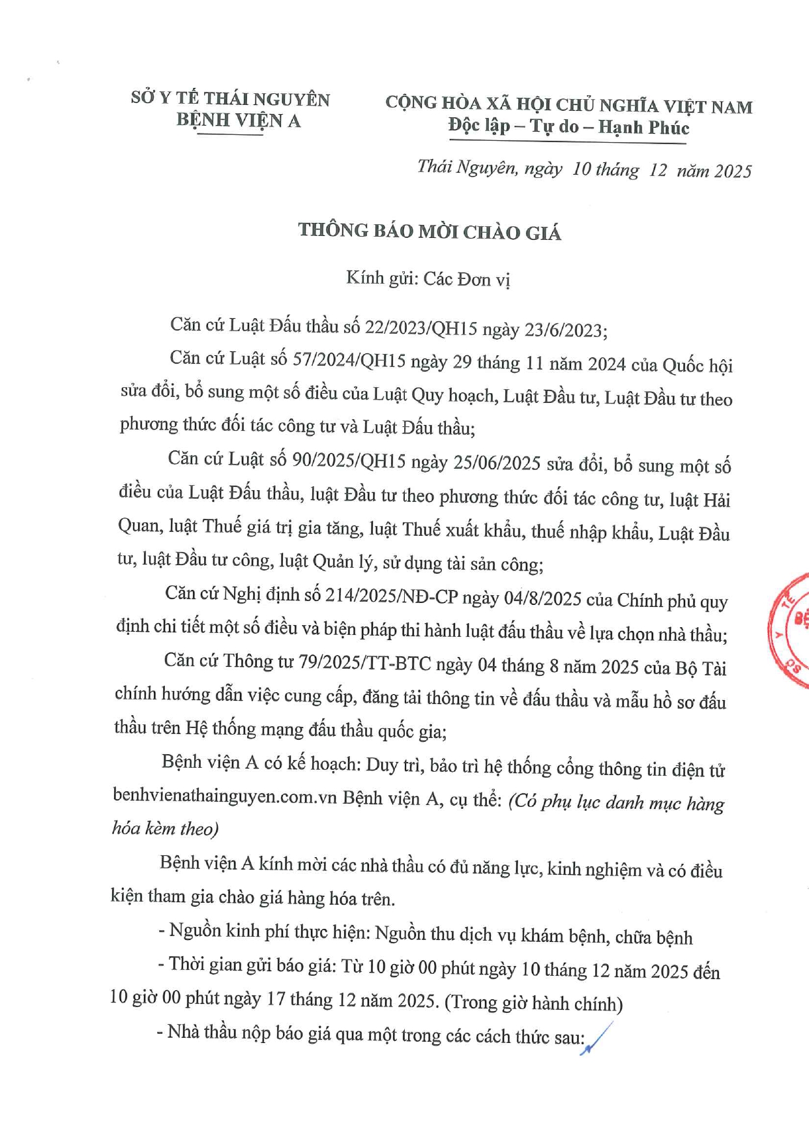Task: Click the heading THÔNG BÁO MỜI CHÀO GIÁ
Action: point(430,231)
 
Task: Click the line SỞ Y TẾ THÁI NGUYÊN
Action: point(230,98)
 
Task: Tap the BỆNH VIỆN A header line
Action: point(238,120)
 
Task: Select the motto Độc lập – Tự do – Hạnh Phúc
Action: point(568,126)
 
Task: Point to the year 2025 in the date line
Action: point(733,171)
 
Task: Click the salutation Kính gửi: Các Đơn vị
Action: point(428,279)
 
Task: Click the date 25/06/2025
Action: point(500,463)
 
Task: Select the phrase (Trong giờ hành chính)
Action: point(533,1003)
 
